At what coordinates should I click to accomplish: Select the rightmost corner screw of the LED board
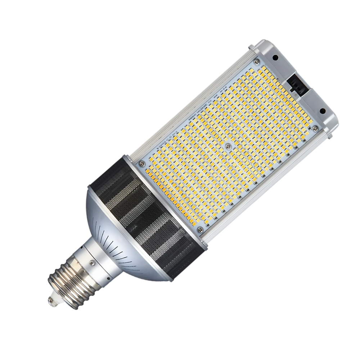click(316, 128)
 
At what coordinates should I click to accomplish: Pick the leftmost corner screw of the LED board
click(142, 163)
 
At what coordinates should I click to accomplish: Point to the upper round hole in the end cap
click(275, 57)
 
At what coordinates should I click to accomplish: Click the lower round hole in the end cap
click(323, 111)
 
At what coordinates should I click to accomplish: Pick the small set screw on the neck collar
click(92, 263)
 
